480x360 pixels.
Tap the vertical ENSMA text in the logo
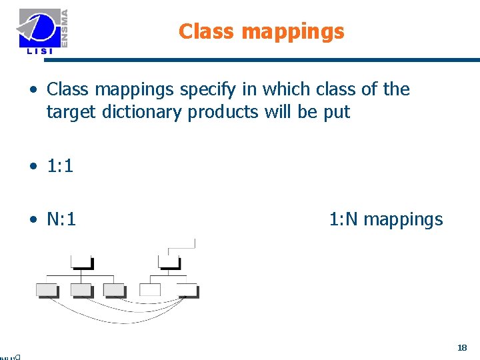point(64,27)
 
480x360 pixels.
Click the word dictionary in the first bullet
point(143,113)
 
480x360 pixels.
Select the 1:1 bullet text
point(60,167)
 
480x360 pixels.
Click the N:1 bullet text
point(61,219)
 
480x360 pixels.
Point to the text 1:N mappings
point(385,219)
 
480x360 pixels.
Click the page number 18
point(462,347)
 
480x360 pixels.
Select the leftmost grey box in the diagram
point(47,289)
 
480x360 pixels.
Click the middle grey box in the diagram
point(81,289)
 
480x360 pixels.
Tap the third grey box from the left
point(114,289)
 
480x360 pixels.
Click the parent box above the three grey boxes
point(81,261)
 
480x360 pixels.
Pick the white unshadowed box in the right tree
point(150,289)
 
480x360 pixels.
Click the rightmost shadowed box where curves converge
point(187,289)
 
